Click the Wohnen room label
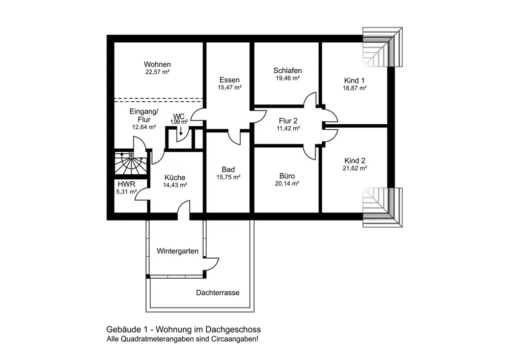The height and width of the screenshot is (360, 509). [157, 64]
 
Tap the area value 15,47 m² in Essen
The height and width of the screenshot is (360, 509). [230, 87]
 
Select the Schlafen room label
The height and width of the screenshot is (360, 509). [288, 70]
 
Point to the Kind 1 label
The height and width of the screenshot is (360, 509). [354, 80]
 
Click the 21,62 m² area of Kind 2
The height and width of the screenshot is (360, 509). [355, 168]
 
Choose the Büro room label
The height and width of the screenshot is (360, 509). [287, 176]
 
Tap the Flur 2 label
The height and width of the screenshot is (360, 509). [288, 121]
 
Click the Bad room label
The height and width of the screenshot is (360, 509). [228, 170]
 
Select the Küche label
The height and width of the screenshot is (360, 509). [175, 178]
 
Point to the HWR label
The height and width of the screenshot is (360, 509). [126, 184]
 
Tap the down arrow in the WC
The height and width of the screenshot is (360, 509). [181, 131]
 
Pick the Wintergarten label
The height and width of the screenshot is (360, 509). [178, 251]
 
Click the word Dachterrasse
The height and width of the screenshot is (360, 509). [218, 293]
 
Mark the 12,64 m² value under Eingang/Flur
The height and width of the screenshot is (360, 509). [144, 127]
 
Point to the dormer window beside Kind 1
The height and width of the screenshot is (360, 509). [383, 47]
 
